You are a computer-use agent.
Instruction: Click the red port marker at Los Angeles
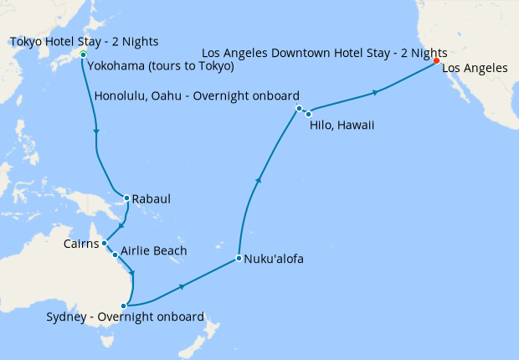436,60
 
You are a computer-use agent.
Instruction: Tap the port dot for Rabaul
126,198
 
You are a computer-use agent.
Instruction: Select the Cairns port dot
104,244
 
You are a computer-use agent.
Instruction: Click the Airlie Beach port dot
115,254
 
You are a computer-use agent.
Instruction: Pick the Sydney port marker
124,306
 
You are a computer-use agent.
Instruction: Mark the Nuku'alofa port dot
239,258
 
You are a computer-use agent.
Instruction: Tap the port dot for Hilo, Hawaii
309,113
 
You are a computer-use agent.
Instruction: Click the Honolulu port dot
299,108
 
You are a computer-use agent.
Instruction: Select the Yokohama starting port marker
83,54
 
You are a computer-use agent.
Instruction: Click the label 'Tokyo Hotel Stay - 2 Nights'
84,41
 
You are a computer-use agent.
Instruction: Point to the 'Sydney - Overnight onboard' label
126,317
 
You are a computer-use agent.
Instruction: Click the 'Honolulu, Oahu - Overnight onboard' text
198,95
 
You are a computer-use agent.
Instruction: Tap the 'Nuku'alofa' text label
274,259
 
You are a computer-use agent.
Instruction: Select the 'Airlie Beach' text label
153,250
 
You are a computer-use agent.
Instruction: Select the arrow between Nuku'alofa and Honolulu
259,179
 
